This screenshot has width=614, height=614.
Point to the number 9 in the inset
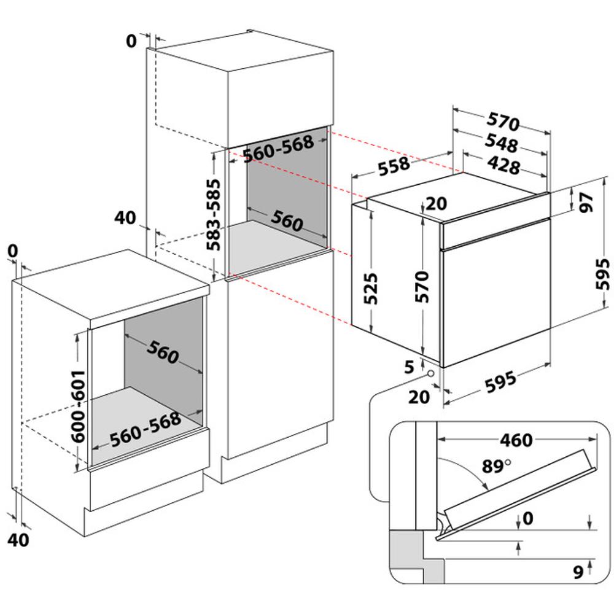[x=577, y=572]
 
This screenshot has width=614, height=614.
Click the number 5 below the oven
[x=410, y=367]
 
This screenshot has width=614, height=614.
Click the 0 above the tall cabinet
[x=131, y=41]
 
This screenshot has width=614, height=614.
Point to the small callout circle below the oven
[x=430, y=374]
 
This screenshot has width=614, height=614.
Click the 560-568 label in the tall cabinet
[x=278, y=148]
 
